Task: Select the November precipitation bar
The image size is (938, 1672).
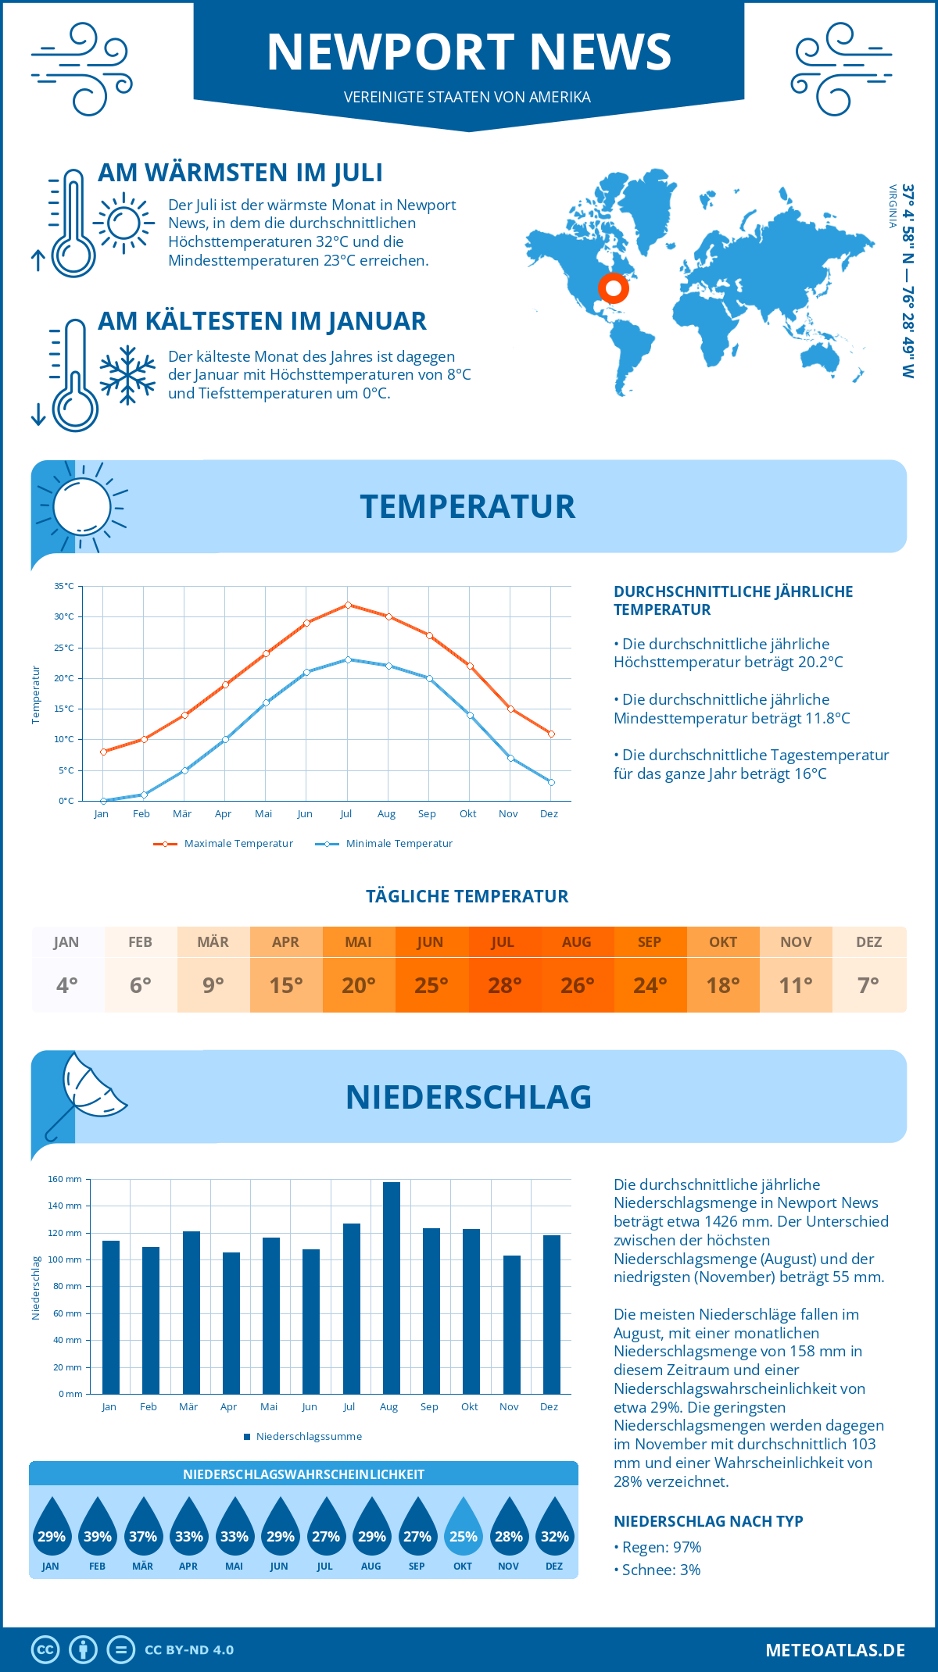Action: [511, 1324]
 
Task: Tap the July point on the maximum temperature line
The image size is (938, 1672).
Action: [348, 605]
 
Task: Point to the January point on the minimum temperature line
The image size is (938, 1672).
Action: [103, 801]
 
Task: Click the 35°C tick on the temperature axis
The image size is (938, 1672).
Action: [64, 586]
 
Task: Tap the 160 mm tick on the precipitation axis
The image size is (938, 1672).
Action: [66, 1179]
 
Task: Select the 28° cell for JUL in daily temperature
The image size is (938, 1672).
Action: [504, 985]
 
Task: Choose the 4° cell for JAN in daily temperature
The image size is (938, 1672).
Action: [67, 985]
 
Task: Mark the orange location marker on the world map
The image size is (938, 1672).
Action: [614, 288]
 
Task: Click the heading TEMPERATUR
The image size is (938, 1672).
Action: [467, 506]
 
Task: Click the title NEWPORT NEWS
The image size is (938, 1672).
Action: [469, 52]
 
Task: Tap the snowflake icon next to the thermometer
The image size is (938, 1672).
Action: [127, 375]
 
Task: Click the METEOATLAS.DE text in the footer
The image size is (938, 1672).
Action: [835, 1650]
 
